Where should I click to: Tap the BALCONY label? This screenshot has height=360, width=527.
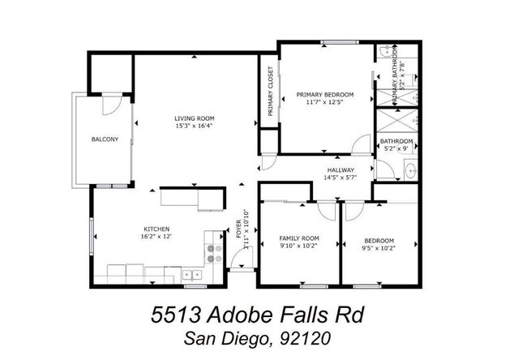[x=105, y=139]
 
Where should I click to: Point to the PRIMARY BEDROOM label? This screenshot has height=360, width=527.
[x=324, y=94]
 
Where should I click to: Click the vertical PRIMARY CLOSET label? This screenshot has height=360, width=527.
[x=271, y=90]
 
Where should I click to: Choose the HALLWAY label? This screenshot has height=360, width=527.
[x=341, y=169]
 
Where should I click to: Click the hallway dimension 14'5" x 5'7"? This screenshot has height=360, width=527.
[x=341, y=178]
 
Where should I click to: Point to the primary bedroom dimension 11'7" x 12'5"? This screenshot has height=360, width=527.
[x=324, y=103]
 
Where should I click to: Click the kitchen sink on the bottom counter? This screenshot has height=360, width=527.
[x=191, y=274]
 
